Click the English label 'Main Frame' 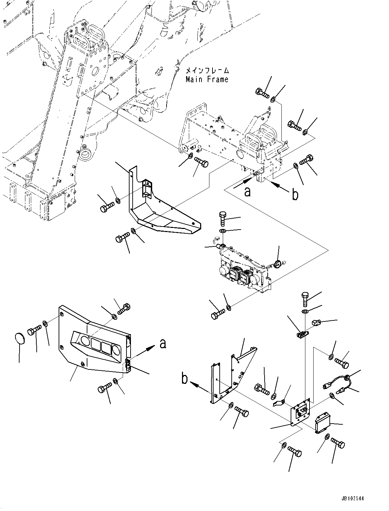207,80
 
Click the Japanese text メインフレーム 207,71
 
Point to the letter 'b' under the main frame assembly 294,195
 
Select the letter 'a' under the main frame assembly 247,192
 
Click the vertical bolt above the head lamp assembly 222,218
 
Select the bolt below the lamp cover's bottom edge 105,389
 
